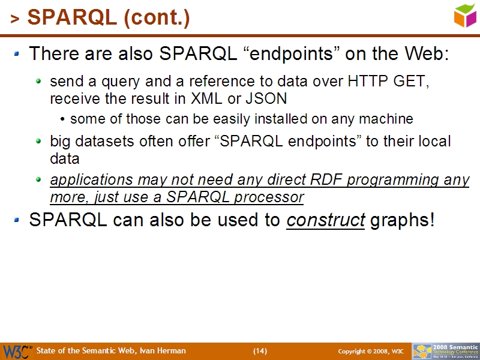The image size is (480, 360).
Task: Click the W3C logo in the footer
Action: (x=17, y=351)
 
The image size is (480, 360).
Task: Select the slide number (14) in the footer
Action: (x=260, y=351)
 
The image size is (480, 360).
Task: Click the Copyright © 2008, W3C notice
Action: (x=370, y=351)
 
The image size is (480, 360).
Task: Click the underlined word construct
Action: (x=326, y=220)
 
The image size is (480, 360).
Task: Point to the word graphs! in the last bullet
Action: (x=403, y=220)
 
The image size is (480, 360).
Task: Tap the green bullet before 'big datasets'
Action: (x=39, y=142)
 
